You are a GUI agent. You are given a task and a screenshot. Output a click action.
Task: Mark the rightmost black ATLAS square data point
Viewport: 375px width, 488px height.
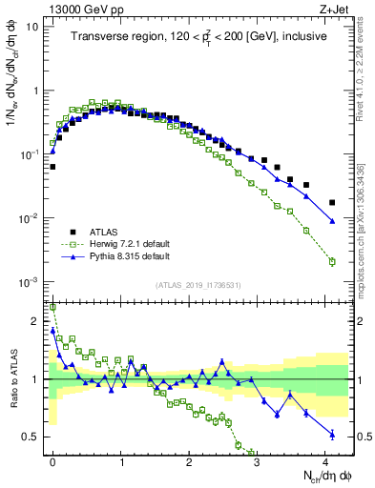click(x=331, y=202)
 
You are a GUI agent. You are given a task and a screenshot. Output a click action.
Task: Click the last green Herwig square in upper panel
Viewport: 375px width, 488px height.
click(x=331, y=261)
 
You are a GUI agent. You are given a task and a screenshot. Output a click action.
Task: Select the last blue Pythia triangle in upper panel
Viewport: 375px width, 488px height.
click(x=331, y=221)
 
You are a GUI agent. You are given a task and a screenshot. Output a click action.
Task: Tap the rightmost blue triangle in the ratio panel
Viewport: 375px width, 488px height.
click(x=331, y=434)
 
